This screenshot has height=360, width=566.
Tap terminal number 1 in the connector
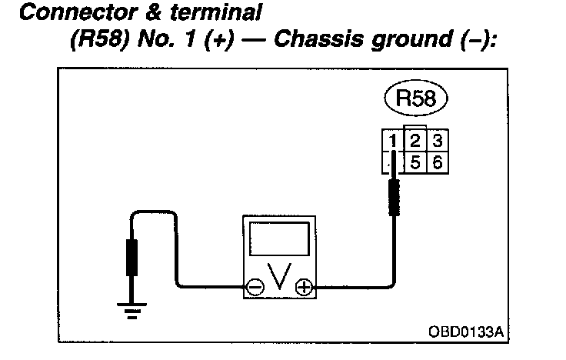coord(393,141)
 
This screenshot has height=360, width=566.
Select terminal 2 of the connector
coord(415,141)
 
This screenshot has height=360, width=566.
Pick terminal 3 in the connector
coord(436,141)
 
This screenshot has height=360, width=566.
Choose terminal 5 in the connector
coord(415,162)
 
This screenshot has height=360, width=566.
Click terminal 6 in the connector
coord(436,162)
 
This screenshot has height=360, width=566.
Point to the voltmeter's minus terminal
coord(255,288)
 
